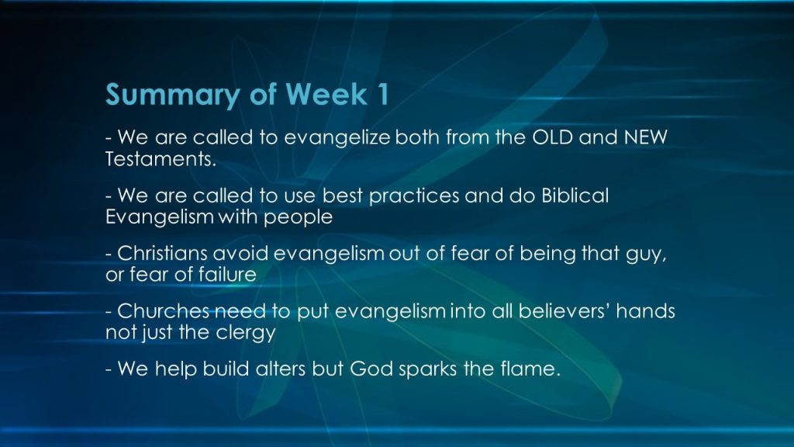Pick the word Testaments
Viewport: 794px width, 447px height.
[x=161, y=159]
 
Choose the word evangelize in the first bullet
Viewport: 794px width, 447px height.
[x=337, y=138]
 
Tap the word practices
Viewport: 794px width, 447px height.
[x=414, y=196]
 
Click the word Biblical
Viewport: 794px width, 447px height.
[x=575, y=195]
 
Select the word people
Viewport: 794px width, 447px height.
[x=298, y=217]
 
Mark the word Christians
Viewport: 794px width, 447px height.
[x=162, y=253]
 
